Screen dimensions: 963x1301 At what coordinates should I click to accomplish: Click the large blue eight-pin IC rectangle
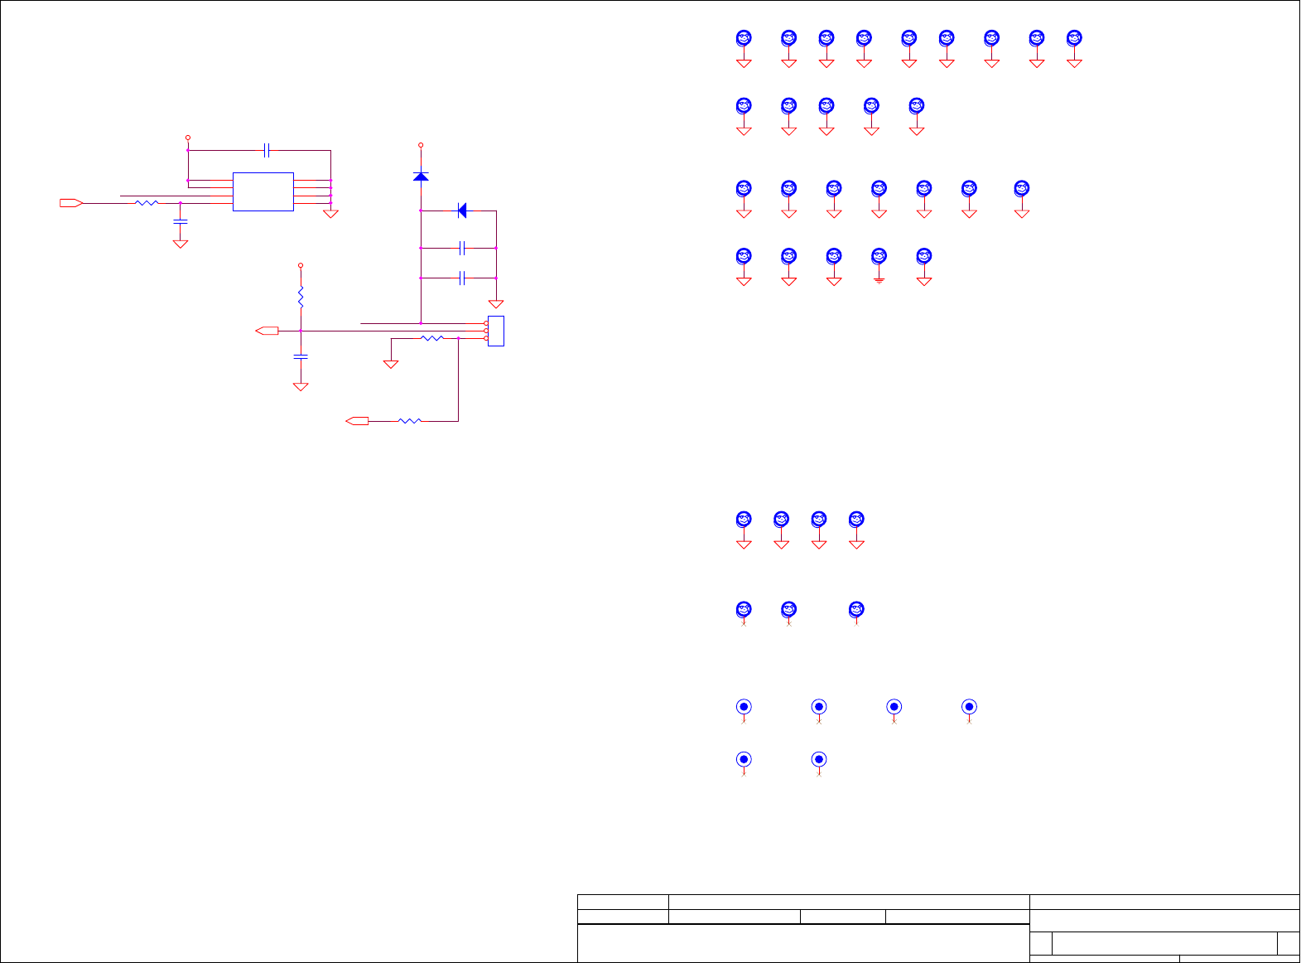click(x=263, y=191)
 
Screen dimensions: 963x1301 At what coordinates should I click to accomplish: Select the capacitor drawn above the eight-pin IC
click(x=267, y=151)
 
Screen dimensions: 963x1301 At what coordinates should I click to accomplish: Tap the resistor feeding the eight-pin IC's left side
click(x=147, y=203)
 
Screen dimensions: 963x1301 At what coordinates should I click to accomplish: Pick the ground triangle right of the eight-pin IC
click(x=330, y=215)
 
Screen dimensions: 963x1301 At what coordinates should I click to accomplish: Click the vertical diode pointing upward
click(x=421, y=176)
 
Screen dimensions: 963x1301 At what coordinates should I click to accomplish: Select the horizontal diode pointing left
click(x=462, y=211)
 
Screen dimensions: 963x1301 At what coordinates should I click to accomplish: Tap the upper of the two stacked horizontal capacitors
click(x=463, y=248)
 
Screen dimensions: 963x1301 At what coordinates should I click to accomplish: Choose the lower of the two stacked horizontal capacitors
click(x=463, y=278)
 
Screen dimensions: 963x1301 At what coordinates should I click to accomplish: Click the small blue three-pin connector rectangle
click(x=496, y=331)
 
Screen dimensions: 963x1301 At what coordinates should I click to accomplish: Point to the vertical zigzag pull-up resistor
click(x=301, y=296)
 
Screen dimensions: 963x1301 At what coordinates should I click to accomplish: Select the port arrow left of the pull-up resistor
click(x=267, y=331)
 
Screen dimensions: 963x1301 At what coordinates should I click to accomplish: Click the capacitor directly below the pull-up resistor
click(x=301, y=356)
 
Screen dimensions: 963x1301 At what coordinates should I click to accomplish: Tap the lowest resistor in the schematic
click(x=410, y=421)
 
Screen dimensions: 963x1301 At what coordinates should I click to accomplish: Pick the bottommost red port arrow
click(x=357, y=421)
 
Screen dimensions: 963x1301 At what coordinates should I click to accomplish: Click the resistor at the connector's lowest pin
click(x=432, y=338)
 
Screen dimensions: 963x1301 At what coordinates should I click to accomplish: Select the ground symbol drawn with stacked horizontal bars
click(x=879, y=281)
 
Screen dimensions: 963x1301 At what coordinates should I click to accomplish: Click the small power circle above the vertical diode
click(x=421, y=145)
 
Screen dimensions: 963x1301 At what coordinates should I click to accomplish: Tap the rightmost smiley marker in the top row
click(x=1074, y=38)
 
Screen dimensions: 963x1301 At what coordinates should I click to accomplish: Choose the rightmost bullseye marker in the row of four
click(x=969, y=707)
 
